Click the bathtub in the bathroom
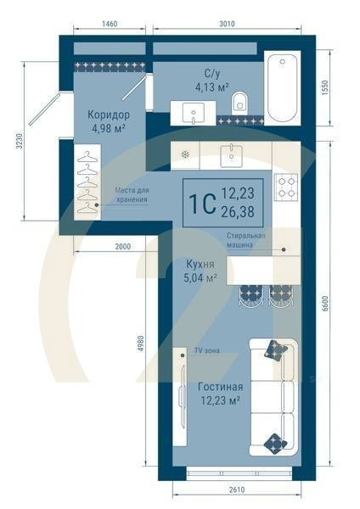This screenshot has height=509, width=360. click(x=282, y=87)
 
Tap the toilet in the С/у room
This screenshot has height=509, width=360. click(x=239, y=103)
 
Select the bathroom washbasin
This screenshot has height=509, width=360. click(x=194, y=113)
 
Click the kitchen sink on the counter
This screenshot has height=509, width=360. click(x=231, y=155)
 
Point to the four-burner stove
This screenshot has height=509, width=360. click(x=286, y=187)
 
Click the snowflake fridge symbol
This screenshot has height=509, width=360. click(x=185, y=155)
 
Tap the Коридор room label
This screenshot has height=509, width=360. click(x=109, y=115)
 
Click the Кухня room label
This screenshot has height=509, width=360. click(x=200, y=264)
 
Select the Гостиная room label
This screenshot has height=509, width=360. click(x=221, y=387)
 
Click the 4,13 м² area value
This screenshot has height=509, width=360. click(x=212, y=87)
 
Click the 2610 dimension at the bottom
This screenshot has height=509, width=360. click(x=237, y=489)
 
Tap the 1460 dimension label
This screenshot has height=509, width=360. click(x=110, y=24)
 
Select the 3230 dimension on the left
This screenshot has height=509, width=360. click(x=20, y=141)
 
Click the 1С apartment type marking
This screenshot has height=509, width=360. click(x=203, y=204)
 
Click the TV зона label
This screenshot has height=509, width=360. click(x=206, y=350)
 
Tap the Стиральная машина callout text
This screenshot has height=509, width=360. click(x=246, y=240)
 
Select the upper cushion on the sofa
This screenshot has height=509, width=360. click(x=276, y=350)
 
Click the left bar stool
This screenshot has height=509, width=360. click(x=250, y=295)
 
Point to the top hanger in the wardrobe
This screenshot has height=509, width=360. click(x=87, y=156)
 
